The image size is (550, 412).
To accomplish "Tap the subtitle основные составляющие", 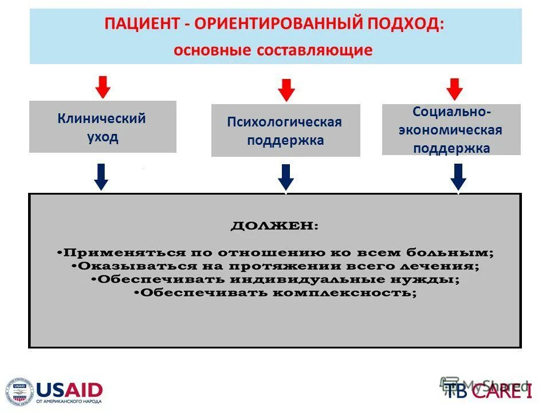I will coord(273,50).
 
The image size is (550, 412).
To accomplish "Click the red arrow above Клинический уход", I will coord(103,86).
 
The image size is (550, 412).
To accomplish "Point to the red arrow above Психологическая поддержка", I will coord(286,90).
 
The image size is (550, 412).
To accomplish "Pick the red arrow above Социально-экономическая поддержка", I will coord(454,89).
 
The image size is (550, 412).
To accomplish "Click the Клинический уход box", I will coord(103,127).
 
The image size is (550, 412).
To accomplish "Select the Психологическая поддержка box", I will coord(285,130).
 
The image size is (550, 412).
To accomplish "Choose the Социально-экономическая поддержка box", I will coord(451,129).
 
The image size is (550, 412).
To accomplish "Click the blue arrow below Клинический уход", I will coord(101,176).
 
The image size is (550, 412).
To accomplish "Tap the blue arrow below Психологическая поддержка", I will coord(286,177).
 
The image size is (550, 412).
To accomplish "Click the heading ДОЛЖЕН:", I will coord(274,225).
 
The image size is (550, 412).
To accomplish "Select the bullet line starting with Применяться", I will coord(275,252).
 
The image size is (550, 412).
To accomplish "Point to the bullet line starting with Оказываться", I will coord(275,266).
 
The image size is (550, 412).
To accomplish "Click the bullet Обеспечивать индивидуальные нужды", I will coord(275,280).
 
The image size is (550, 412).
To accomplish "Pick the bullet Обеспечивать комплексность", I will coord(275,293).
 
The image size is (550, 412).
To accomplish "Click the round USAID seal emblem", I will coord(19,393).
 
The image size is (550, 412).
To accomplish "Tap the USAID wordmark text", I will coord(69,390).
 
